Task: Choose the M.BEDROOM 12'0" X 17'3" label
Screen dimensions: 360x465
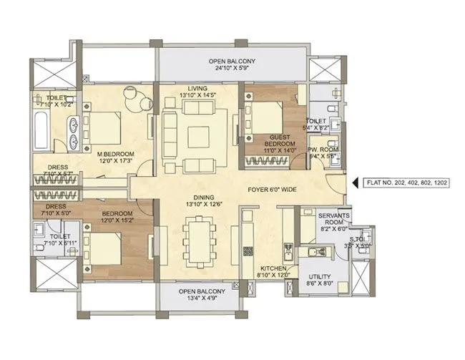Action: [x=117, y=158]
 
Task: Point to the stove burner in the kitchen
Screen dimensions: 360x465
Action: [x=249, y=251]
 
